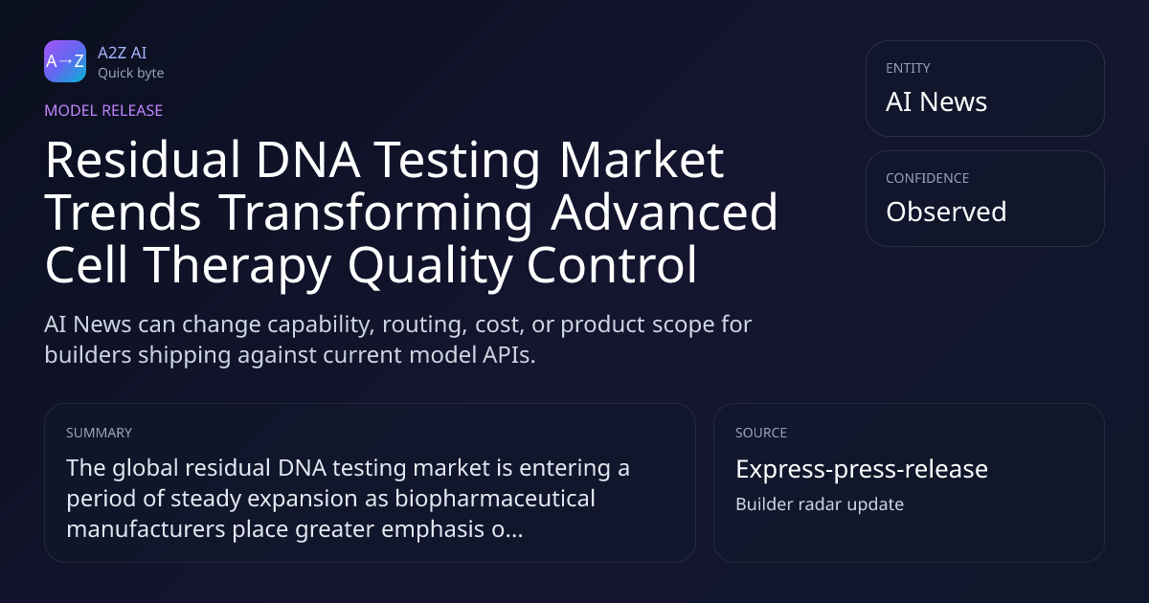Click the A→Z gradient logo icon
(65, 61)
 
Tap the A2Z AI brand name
(123, 53)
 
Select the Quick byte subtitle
(131, 74)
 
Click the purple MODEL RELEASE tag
(103, 110)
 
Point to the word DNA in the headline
(307, 160)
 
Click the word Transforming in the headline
(376, 212)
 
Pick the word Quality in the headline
(430, 266)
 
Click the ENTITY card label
(908, 68)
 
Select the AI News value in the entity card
(936, 101)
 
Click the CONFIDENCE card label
(928, 178)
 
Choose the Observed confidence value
(946, 212)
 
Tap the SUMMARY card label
(99, 433)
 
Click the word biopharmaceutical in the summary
(496, 499)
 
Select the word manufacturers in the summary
(146, 529)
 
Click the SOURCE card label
(761, 433)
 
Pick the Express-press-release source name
(862, 469)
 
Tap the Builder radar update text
(820, 504)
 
